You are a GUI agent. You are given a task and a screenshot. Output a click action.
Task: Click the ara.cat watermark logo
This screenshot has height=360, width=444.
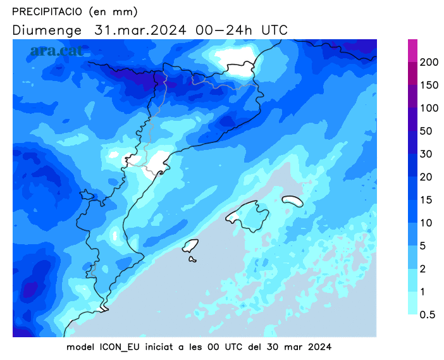click(56, 51)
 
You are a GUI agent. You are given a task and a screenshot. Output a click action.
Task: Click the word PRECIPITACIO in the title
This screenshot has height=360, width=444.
click(47, 11)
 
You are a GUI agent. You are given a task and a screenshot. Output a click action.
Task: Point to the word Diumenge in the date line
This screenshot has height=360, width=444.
click(47, 30)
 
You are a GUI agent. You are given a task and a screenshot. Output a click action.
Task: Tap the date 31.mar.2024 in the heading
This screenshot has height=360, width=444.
click(140, 30)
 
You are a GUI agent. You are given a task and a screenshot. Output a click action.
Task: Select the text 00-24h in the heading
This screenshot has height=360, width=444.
click(224, 30)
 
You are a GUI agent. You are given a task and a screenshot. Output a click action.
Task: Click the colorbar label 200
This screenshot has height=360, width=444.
click(429, 62)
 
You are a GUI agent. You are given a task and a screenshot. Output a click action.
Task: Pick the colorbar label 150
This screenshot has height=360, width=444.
click(429, 85)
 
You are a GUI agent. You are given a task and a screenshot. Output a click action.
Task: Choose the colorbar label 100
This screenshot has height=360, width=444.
click(429, 108)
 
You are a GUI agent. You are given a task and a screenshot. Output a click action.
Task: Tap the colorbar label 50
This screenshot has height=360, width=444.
click(426, 131)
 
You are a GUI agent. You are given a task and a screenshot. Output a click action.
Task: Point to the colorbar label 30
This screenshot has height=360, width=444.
click(426, 154)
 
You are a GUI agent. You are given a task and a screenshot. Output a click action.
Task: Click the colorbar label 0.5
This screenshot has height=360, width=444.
click(427, 314)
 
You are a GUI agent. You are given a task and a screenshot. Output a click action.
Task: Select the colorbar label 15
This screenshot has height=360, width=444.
click(426, 200)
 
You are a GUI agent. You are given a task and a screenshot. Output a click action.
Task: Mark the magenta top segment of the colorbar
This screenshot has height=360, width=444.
click(412, 51)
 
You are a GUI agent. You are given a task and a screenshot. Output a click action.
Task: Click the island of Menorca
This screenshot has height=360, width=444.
click(292, 201)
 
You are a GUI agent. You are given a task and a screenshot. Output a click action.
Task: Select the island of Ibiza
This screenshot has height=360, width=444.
click(190, 246)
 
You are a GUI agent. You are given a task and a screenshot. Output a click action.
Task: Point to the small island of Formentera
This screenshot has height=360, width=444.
click(192, 259)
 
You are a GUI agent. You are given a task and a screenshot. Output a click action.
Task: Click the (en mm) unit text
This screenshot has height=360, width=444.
click(113, 11)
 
